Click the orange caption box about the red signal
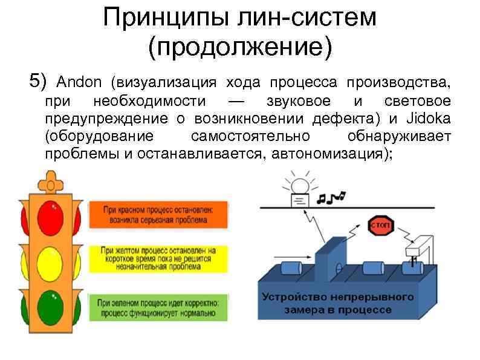(x=158, y=214)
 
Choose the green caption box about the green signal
(x=158, y=307)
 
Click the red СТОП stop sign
(x=380, y=226)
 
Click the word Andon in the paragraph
(x=75, y=82)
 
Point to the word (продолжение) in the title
(x=239, y=47)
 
